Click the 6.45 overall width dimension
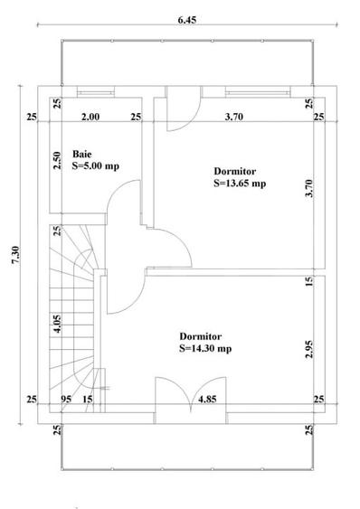click(187, 20)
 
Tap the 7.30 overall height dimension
click(16, 255)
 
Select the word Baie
click(82, 154)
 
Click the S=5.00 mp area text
click(96, 165)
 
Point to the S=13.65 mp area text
click(240, 184)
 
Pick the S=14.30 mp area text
click(205, 348)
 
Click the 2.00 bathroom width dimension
click(90, 117)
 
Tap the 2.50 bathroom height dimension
click(57, 160)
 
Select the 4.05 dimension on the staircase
click(57, 324)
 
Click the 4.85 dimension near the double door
click(207, 399)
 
